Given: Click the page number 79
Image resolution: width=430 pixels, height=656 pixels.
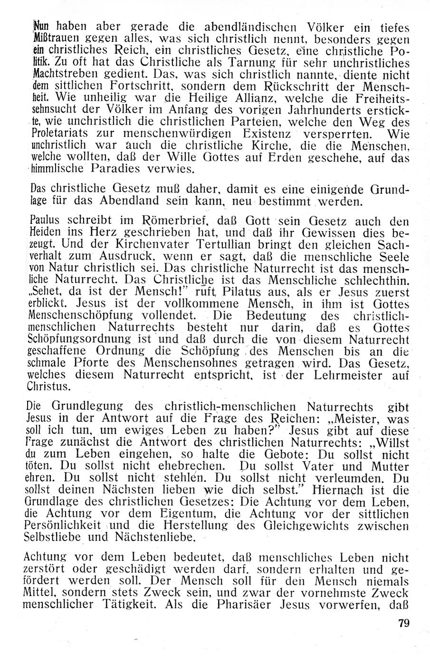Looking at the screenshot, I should pos(402,623).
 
